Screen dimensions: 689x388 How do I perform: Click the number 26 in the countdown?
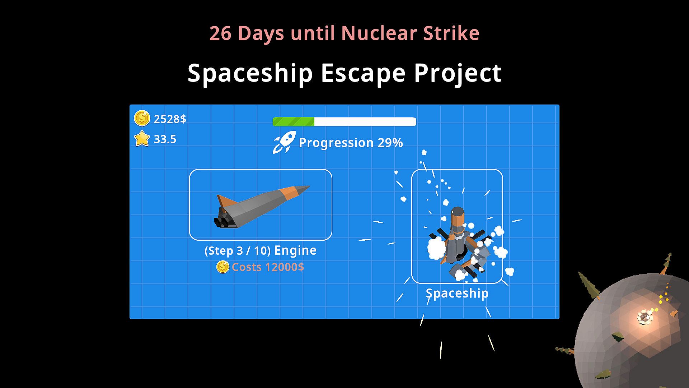(x=220, y=33)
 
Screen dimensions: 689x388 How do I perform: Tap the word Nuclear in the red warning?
(x=379, y=33)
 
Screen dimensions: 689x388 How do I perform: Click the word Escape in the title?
(x=363, y=73)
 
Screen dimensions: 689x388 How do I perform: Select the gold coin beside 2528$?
(x=142, y=118)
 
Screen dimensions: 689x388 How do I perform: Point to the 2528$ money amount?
(x=170, y=119)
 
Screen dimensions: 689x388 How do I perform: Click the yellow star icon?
(x=142, y=138)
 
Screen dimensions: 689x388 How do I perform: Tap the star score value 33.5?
(x=165, y=139)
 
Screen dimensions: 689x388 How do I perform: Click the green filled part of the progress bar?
(x=294, y=122)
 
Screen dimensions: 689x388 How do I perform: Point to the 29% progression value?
(x=390, y=143)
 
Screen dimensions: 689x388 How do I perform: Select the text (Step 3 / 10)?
(x=238, y=250)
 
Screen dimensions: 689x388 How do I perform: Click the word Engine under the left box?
(x=295, y=251)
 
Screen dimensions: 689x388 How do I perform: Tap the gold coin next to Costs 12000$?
(x=222, y=267)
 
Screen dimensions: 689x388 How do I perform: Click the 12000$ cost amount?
(x=284, y=267)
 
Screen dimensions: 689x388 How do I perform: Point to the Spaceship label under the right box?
(x=457, y=294)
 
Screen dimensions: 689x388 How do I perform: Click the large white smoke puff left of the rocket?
(x=437, y=248)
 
